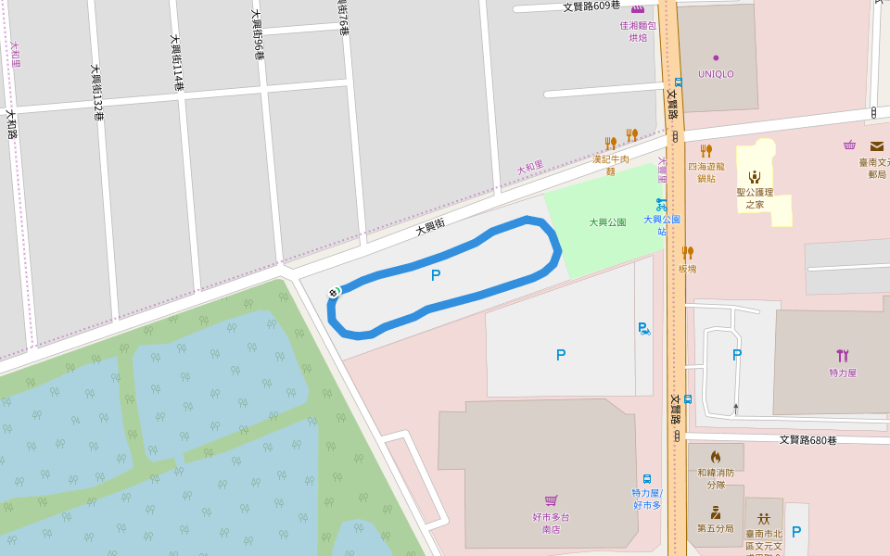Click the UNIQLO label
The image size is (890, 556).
click(x=716, y=74)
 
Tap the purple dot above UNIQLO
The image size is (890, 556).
click(x=716, y=57)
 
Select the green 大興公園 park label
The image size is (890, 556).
click(x=607, y=222)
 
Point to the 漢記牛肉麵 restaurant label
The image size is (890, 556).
click(x=610, y=165)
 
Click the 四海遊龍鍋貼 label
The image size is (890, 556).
click(x=706, y=172)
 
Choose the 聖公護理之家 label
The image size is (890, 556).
click(x=755, y=198)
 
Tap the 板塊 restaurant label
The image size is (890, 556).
click(x=687, y=269)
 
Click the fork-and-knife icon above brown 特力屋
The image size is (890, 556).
click(x=842, y=355)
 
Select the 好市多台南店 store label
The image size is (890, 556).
click(x=551, y=523)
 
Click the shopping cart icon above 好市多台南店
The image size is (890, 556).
click(x=551, y=501)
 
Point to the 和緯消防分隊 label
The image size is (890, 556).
click(x=716, y=478)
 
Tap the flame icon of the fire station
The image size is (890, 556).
click(x=716, y=457)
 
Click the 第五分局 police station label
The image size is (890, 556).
click(x=716, y=528)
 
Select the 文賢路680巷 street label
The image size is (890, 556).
click(x=807, y=440)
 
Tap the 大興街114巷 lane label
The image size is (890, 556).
click(x=176, y=63)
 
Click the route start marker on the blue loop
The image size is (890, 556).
click(x=334, y=293)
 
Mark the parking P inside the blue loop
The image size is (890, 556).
click(x=436, y=275)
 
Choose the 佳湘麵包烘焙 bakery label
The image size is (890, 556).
click(x=638, y=32)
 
